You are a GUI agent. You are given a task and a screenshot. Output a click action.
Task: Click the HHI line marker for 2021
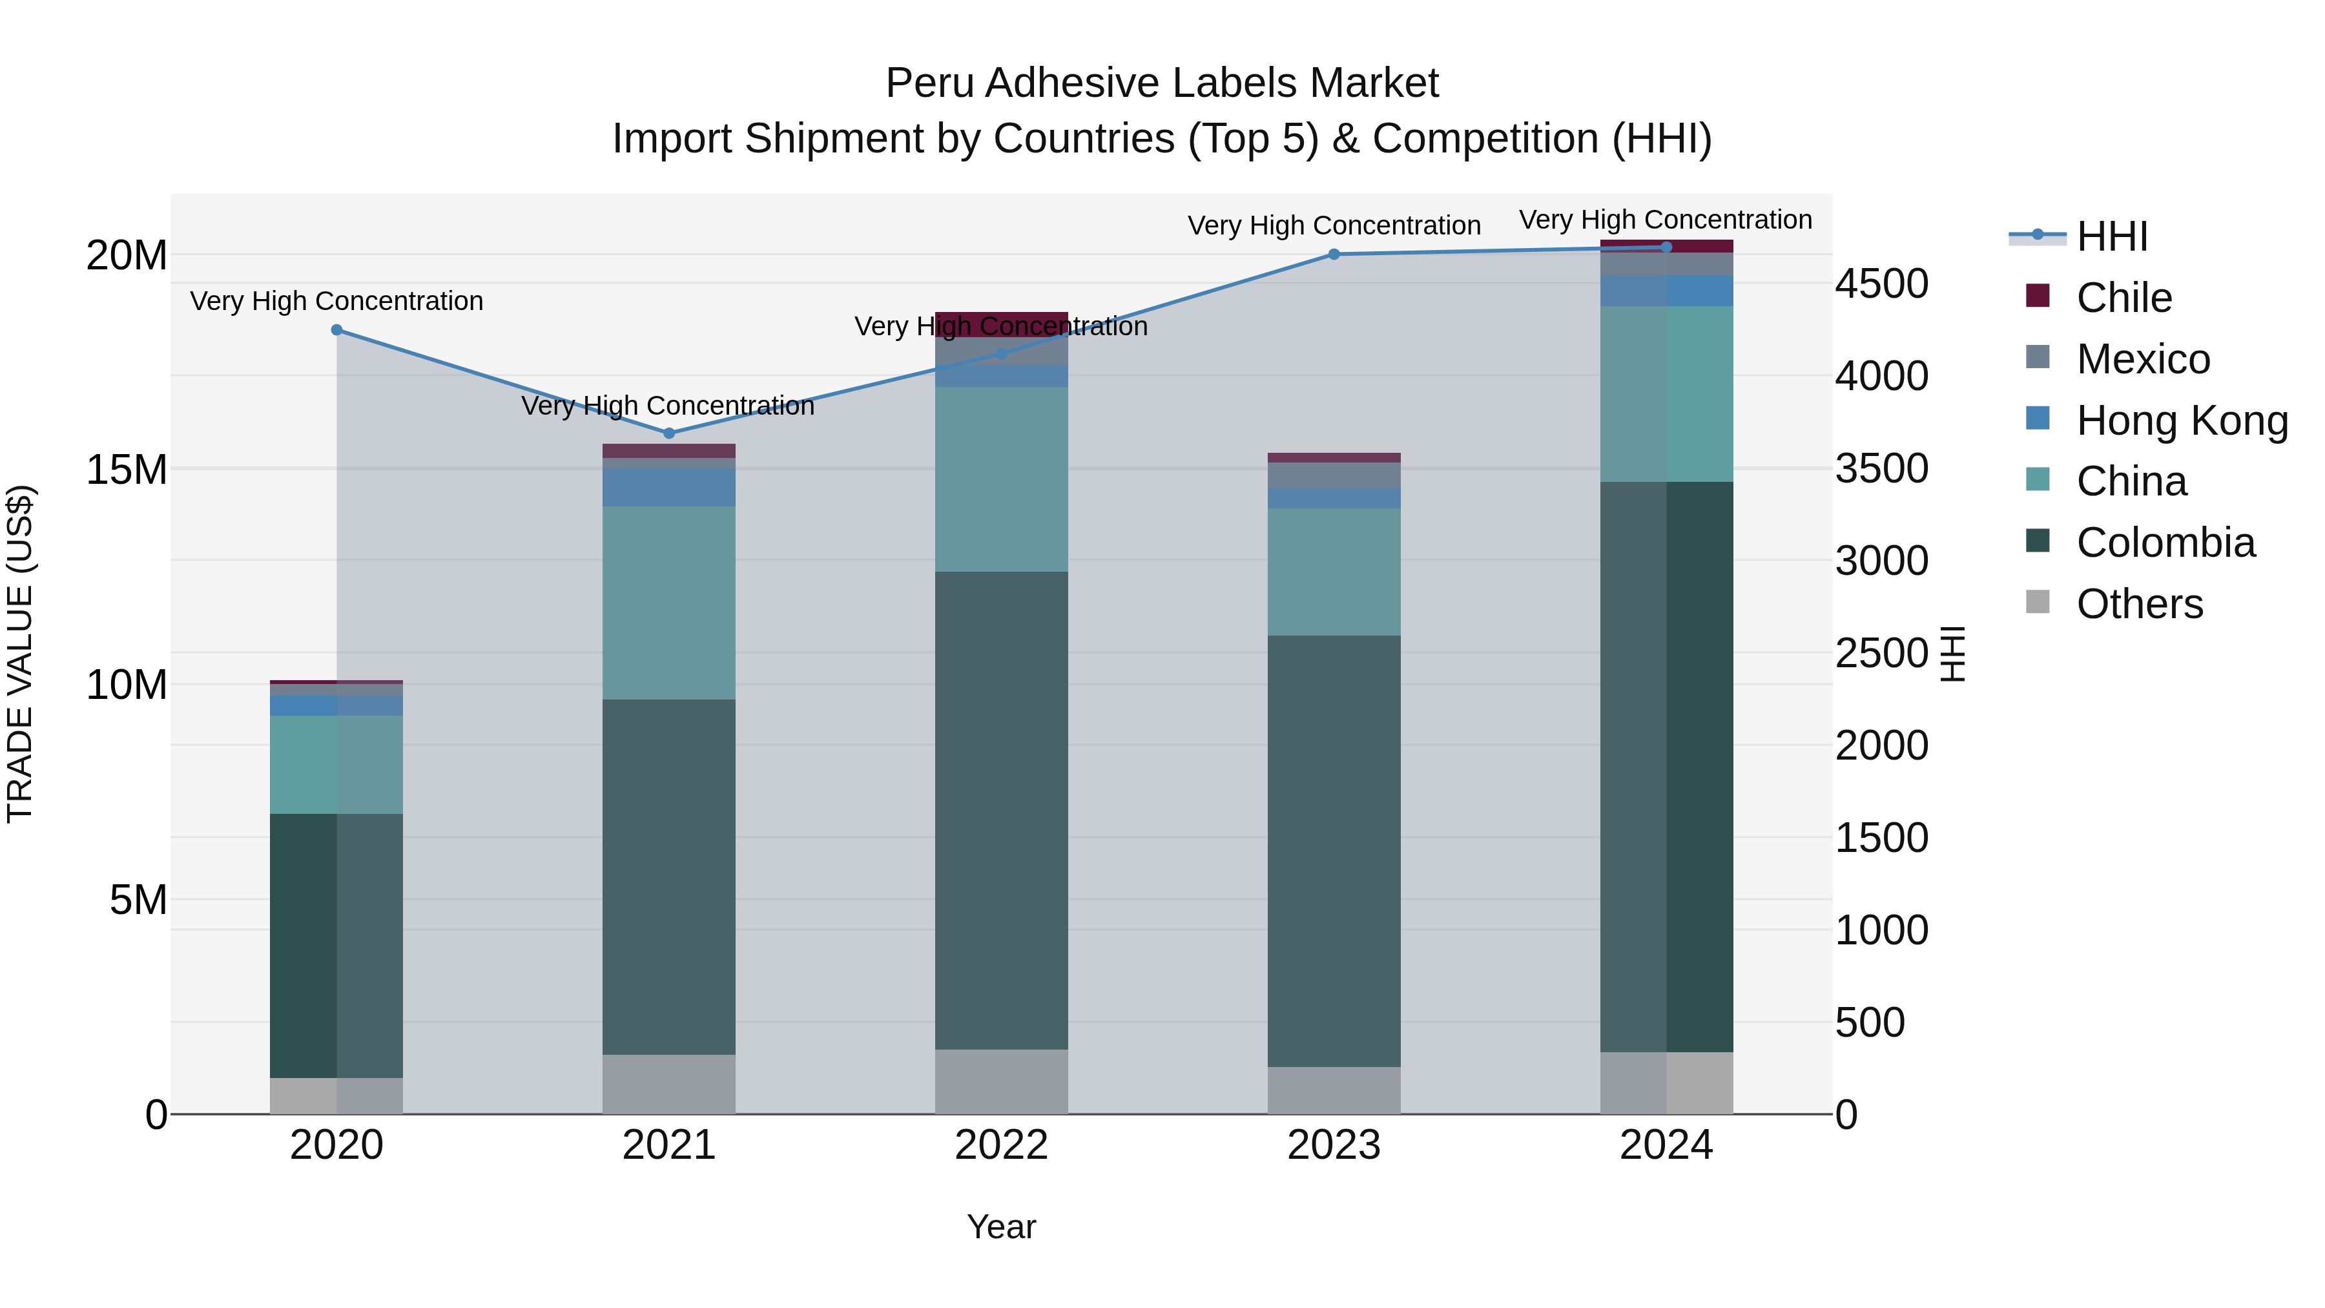[x=669, y=433]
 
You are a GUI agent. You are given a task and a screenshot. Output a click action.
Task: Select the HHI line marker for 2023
[x=1334, y=254]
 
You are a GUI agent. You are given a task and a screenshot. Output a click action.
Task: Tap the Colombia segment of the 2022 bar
[x=1001, y=810]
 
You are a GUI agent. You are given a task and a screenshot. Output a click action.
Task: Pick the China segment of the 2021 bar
[x=669, y=603]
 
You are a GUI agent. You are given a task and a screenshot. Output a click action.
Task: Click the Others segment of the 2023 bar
[x=1334, y=1090]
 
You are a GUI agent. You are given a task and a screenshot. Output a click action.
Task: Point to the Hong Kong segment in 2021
[x=669, y=488]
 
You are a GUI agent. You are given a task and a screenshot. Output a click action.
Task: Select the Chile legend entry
[x=2123, y=298]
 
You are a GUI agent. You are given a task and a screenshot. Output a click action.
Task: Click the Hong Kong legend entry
[x=2180, y=420]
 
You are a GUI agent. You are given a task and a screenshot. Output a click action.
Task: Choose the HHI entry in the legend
[x=2110, y=236]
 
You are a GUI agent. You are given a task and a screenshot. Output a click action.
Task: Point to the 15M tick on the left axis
[x=127, y=470]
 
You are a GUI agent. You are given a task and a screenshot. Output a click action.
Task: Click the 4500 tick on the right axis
[x=1882, y=284]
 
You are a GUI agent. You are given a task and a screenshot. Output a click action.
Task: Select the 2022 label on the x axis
[x=1001, y=1145]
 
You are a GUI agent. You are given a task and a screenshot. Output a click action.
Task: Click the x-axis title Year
[x=1001, y=1227]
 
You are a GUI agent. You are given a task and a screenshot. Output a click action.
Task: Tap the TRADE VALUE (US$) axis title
[x=20, y=654]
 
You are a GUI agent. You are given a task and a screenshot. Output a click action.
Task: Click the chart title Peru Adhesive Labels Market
[x=1162, y=83]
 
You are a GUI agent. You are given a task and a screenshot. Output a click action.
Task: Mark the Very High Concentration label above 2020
[x=336, y=300]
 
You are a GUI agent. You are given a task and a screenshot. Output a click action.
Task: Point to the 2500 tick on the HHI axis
[x=1882, y=654]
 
